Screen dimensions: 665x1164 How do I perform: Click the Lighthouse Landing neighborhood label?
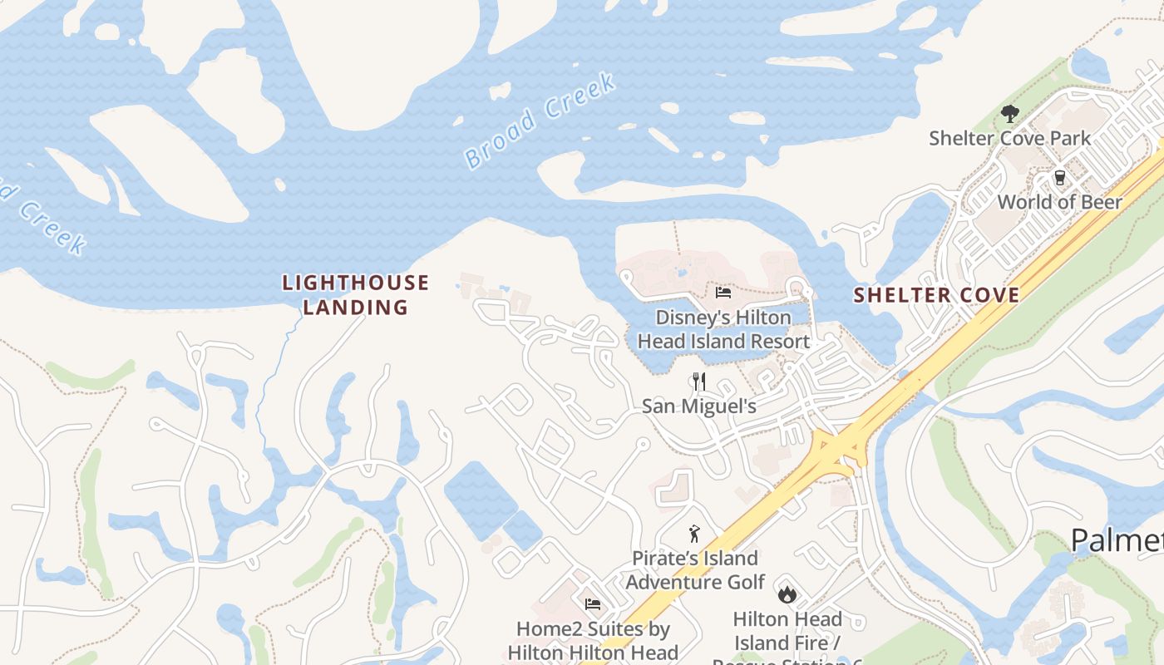(x=356, y=295)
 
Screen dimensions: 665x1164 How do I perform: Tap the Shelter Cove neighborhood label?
(x=936, y=295)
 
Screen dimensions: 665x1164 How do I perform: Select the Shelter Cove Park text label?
(x=1009, y=138)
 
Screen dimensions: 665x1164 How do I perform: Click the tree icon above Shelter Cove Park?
(x=1009, y=113)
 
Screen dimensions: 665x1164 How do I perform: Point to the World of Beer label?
(x=1059, y=202)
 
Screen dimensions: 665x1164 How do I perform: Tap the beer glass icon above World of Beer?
(x=1059, y=177)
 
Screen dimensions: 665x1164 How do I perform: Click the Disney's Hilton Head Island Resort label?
(x=723, y=329)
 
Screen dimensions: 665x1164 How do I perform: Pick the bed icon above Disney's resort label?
(x=723, y=293)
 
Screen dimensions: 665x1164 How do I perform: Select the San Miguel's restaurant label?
(x=698, y=406)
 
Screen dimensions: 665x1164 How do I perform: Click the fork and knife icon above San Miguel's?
(x=698, y=382)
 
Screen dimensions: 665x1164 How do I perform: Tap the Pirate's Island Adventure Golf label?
(x=694, y=569)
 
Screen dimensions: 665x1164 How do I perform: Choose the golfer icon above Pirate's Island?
(x=694, y=534)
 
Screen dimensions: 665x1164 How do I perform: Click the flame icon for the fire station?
(x=787, y=594)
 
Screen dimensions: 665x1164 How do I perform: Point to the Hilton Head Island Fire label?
(x=787, y=631)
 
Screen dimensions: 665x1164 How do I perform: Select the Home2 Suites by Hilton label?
(x=593, y=641)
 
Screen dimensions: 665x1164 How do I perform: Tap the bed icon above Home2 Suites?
(x=593, y=604)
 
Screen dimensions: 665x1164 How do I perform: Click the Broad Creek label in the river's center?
(x=540, y=121)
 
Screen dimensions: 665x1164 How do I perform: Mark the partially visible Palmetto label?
(x=1117, y=540)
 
